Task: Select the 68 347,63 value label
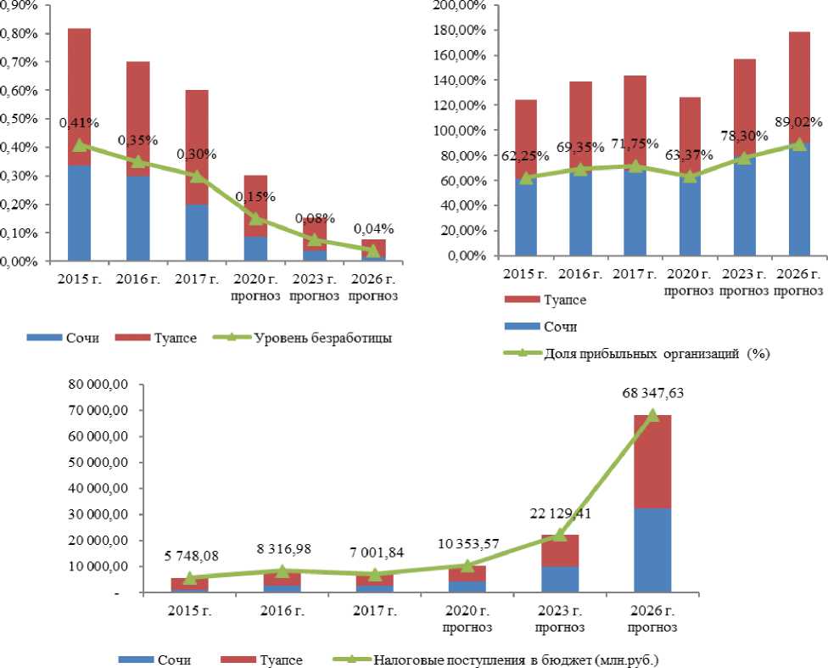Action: click(x=652, y=394)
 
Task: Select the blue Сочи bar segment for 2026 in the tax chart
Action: click(x=652, y=550)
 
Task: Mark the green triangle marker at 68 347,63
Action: click(x=652, y=415)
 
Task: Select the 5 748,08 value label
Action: click(x=190, y=558)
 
